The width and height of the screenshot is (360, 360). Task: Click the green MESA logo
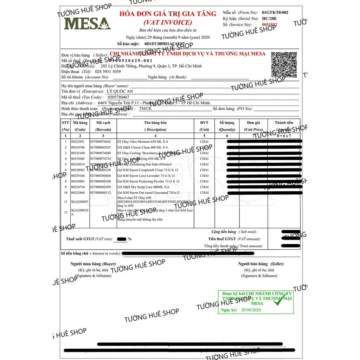(87, 23)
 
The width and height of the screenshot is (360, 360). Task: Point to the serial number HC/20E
(270, 18)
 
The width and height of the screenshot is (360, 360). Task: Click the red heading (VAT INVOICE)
(168, 22)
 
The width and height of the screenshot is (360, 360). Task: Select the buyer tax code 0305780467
(119, 97)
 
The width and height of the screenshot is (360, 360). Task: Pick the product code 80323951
(78, 142)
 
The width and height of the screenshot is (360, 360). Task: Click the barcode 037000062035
(100, 147)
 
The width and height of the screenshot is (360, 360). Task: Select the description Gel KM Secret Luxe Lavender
(146, 175)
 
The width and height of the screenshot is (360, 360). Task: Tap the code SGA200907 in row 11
(79, 202)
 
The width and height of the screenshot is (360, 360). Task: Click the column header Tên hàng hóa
(155, 123)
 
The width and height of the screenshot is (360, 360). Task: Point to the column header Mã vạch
(103, 123)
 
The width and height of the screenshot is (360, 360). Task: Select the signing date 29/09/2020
(251, 310)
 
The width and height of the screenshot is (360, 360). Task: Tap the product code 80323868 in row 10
(78, 193)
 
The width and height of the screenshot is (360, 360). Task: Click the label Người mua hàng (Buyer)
(93, 264)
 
